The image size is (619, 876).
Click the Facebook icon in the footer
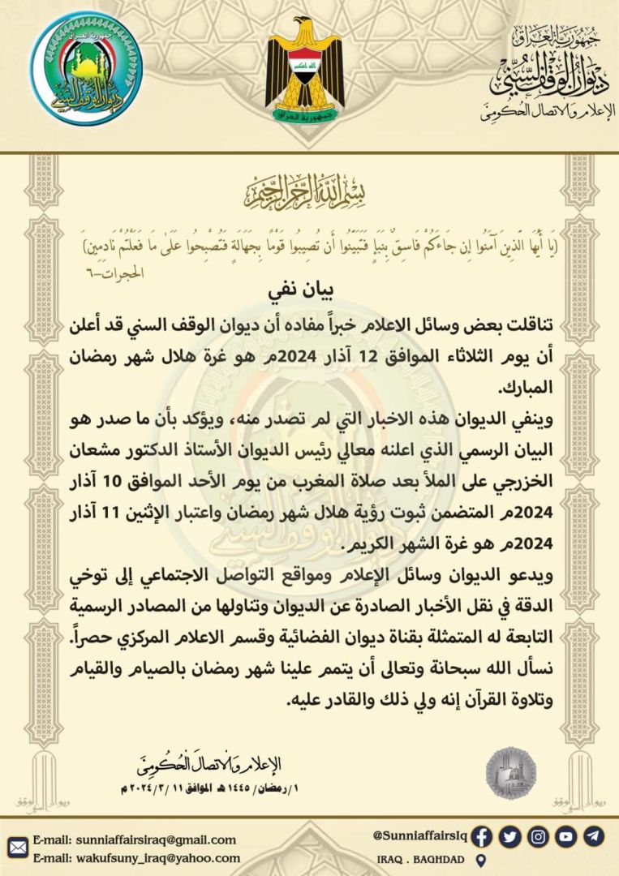[482, 836]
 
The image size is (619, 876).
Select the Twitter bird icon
[510, 836]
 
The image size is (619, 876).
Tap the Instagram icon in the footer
[538, 836]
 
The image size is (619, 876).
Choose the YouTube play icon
[566, 836]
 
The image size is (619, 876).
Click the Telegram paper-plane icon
[594, 836]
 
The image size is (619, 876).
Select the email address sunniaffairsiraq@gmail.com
[135, 839]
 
